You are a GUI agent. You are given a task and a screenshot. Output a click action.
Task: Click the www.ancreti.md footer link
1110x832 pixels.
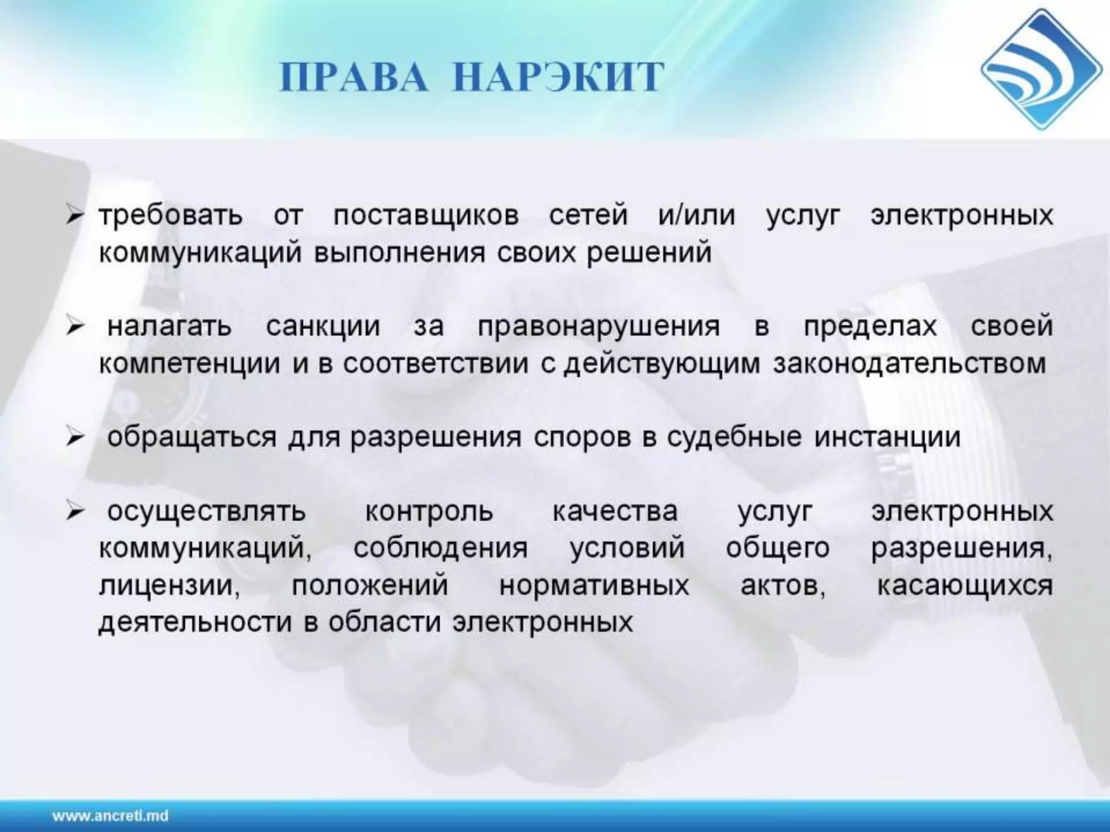(x=111, y=815)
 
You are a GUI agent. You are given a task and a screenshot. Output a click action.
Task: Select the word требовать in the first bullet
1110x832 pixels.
(x=171, y=215)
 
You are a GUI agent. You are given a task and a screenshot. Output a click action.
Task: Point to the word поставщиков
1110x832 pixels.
(x=426, y=215)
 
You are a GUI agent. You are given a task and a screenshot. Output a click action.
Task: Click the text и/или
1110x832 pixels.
(x=697, y=215)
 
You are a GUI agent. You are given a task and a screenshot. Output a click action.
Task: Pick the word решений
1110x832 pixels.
(x=649, y=252)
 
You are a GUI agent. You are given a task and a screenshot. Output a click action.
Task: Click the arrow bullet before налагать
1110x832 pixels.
(x=75, y=327)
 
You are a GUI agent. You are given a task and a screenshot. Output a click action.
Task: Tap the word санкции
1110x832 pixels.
(x=323, y=327)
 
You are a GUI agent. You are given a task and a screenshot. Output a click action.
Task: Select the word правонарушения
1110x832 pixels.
(x=599, y=327)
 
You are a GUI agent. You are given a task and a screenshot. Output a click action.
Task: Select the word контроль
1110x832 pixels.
(x=429, y=511)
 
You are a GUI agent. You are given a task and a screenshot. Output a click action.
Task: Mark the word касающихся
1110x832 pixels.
(x=965, y=586)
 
